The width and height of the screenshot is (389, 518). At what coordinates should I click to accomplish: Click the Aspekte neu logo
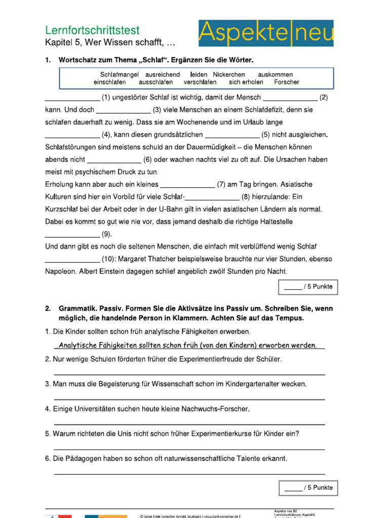pyautogui.click(x=266, y=33)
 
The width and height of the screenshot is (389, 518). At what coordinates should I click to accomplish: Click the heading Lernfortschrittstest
pyautogui.click(x=92, y=30)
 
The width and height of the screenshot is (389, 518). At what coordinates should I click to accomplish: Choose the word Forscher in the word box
pyautogui.click(x=286, y=82)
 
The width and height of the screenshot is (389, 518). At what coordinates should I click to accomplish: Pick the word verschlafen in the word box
pyautogui.click(x=200, y=82)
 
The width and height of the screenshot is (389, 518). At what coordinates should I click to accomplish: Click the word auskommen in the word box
pyautogui.click(x=275, y=74)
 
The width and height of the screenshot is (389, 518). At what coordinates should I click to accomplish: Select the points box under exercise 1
pyautogui.click(x=308, y=287)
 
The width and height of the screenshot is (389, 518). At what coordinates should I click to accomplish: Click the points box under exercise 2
pyautogui.click(x=308, y=488)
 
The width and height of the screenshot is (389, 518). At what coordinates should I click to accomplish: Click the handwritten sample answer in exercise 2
pyautogui.click(x=188, y=346)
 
